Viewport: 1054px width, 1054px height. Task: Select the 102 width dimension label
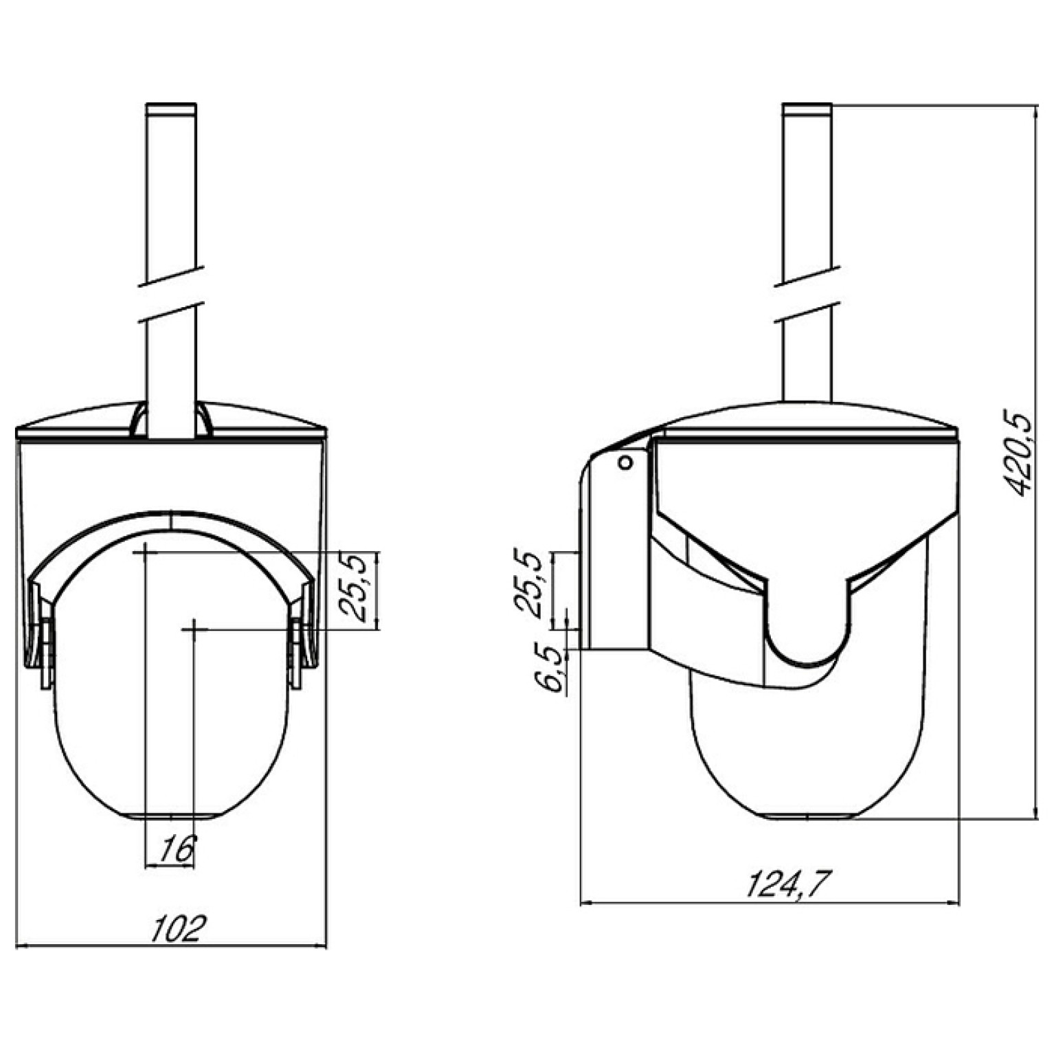[x=178, y=928]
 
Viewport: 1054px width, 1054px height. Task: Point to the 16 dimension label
[x=176, y=850]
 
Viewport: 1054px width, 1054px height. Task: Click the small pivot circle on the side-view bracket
[x=625, y=462]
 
